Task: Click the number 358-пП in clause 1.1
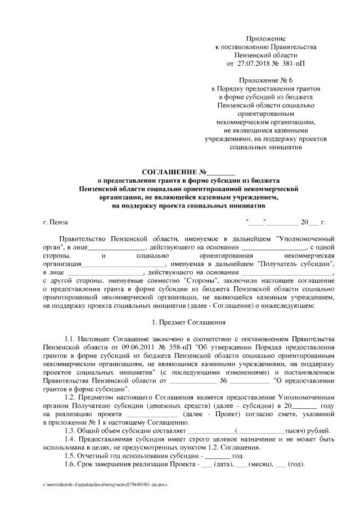(x=155, y=348)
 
